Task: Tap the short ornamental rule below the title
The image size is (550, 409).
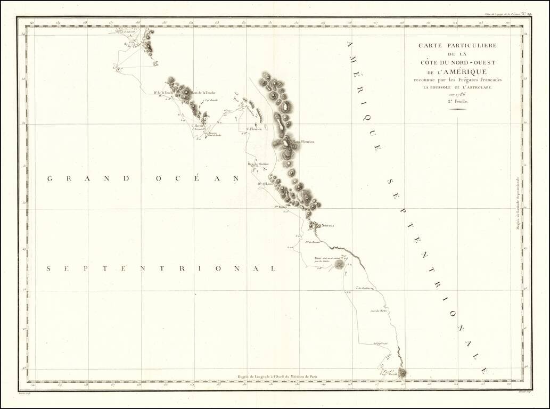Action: click(457, 109)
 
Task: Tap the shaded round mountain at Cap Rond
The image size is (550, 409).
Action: click(401, 373)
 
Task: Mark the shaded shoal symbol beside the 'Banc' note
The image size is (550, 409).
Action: click(339, 264)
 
